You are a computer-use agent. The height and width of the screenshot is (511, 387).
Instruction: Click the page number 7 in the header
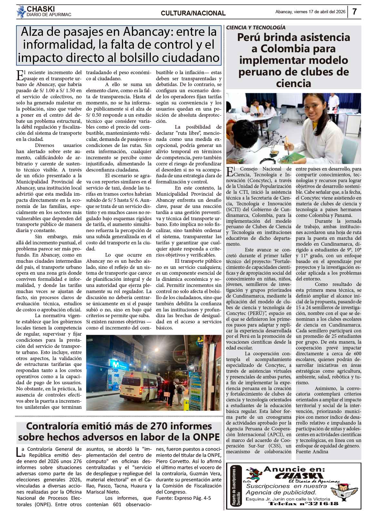[x=354, y=12]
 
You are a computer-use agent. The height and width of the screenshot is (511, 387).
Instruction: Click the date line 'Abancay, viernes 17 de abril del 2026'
[x=310, y=12]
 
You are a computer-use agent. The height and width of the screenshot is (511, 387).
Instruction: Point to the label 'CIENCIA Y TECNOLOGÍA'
[x=256, y=28]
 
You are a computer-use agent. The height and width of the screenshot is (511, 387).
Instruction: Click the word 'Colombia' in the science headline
[x=294, y=49]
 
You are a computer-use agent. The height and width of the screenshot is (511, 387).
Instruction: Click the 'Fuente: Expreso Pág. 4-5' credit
[x=184, y=498]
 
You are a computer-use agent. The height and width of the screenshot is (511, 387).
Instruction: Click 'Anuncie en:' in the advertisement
[x=294, y=469]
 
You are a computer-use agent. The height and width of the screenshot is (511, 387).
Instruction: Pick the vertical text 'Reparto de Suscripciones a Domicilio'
[x=236, y=486]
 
